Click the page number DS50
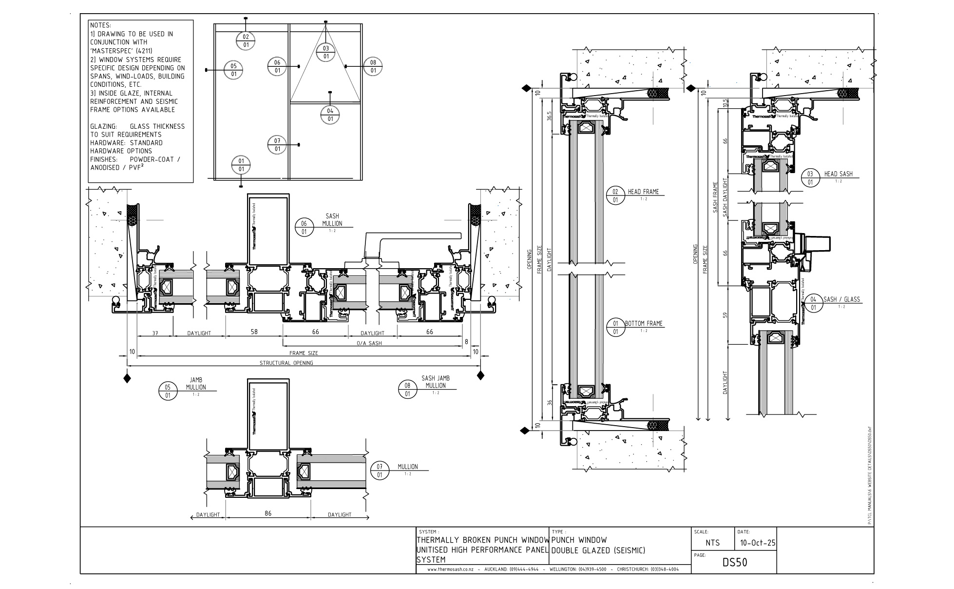pyautogui.click(x=734, y=563)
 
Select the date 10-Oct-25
pyautogui.click(x=757, y=543)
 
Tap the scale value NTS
pyautogui.click(x=712, y=543)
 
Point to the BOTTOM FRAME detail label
pyautogui.click(x=644, y=323)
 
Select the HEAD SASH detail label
pyautogui.click(x=838, y=174)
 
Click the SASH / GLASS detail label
pyautogui.click(x=841, y=299)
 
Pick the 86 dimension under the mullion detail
pyautogui.click(x=268, y=513)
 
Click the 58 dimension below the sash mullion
pyautogui.click(x=254, y=332)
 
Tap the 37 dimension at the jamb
pyautogui.click(x=155, y=333)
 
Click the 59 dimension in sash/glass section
pyautogui.click(x=725, y=315)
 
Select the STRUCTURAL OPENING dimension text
pyautogui.click(x=286, y=363)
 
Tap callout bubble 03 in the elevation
pyautogui.click(x=325, y=52)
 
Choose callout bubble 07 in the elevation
pyautogui.click(x=277, y=145)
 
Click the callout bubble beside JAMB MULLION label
pyautogui.click(x=168, y=391)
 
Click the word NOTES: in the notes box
pyautogui.click(x=100, y=25)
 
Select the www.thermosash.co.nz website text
pyautogui.click(x=450, y=569)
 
